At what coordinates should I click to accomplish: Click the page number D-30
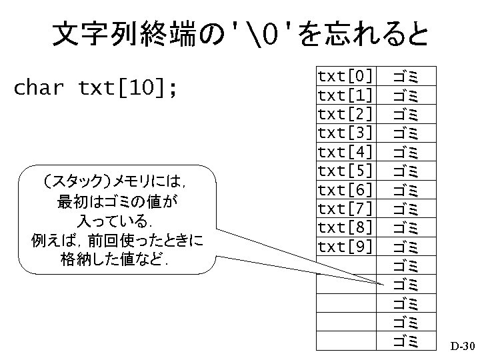(x=461, y=347)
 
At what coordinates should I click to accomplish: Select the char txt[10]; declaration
(x=96, y=87)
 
